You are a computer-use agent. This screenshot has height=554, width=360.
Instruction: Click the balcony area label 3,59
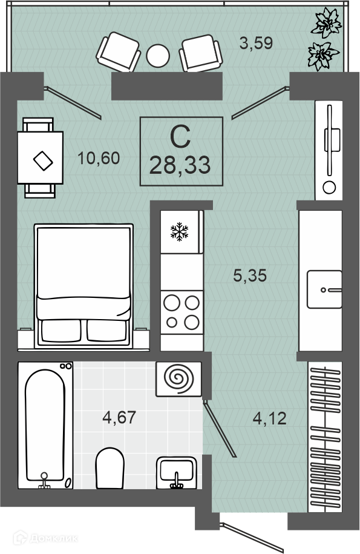point(257,43)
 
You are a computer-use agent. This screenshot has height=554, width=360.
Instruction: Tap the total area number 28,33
point(180,165)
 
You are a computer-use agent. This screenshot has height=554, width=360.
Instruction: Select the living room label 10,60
point(99,158)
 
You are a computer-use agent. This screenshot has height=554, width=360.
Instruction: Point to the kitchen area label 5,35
point(250,275)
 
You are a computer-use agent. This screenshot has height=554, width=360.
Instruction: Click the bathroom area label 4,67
point(119,417)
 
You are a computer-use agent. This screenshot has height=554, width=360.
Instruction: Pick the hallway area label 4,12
point(270,418)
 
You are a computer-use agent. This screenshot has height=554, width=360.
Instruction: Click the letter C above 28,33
point(180,137)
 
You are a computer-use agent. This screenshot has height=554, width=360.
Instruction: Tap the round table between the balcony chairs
point(158,56)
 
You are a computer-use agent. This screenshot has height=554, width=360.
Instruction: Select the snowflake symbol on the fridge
point(179,232)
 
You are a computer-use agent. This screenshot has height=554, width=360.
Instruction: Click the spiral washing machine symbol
point(179,379)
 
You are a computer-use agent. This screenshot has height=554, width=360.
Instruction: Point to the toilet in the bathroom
point(110,468)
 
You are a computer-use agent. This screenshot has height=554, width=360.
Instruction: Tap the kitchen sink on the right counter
point(324,289)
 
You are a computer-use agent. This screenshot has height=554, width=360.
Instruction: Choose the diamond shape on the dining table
point(43,161)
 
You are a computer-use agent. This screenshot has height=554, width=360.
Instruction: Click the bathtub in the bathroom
point(45,425)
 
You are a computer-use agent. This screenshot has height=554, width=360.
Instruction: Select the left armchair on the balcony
point(118,52)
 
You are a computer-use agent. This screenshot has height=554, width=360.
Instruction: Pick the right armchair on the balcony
point(201,53)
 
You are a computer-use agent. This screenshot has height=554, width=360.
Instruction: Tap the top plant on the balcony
point(326,24)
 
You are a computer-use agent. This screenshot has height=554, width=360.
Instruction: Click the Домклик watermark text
point(53,538)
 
